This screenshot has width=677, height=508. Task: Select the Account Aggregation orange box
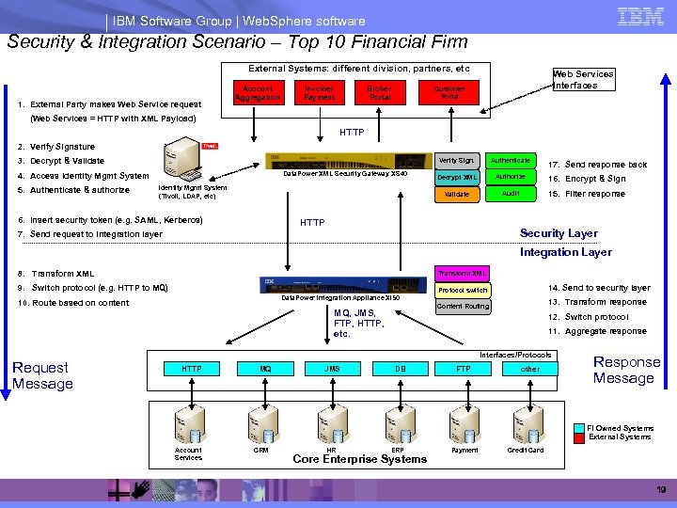click(x=258, y=92)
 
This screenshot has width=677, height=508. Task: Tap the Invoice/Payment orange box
click(x=319, y=92)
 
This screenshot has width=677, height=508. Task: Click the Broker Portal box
click(x=380, y=92)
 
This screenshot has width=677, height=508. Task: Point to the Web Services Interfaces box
click(x=583, y=79)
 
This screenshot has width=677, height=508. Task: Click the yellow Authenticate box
click(x=511, y=161)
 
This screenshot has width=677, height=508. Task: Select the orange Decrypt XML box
click(x=456, y=177)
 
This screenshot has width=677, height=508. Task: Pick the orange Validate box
click(x=456, y=194)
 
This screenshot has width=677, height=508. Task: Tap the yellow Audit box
click(x=511, y=193)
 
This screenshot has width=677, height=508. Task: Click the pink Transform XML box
click(x=462, y=273)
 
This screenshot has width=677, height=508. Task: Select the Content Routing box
click(x=463, y=306)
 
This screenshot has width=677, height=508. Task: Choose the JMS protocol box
click(x=332, y=370)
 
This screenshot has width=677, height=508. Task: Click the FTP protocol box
click(x=463, y=370)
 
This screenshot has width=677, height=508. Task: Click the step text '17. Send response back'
click(x=598, y=165)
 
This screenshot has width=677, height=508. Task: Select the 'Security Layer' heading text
click(x=559, y=233)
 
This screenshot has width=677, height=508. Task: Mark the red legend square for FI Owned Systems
click(x=580, y=428)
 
